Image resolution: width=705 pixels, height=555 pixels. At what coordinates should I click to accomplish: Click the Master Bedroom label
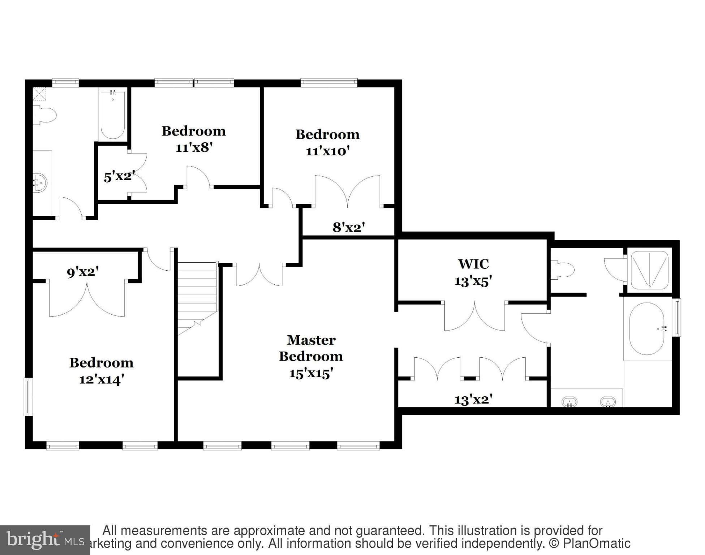311,348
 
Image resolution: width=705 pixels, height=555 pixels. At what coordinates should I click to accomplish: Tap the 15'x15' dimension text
311,373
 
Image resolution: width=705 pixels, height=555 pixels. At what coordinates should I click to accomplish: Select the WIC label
473,264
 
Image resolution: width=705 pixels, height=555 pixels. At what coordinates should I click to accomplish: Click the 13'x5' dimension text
473,281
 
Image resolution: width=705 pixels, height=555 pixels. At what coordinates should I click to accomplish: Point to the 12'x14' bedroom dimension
102,379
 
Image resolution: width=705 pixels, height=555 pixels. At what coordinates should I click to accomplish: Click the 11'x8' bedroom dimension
194,147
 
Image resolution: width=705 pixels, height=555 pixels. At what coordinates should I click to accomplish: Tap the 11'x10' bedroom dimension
327,151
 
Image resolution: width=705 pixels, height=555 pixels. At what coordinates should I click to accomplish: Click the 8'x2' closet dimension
349,227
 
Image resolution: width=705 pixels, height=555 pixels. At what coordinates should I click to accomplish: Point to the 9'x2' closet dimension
83,272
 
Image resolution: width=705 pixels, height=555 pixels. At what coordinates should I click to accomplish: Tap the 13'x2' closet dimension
473,400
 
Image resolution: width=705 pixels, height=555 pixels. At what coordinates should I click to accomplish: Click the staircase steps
197,289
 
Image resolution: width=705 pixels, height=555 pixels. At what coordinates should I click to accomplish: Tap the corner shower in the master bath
649,270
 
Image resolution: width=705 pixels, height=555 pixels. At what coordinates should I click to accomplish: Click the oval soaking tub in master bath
646,328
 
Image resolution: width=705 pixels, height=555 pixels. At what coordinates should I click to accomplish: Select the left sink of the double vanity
569,401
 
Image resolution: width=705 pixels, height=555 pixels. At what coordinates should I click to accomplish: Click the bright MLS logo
45,540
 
